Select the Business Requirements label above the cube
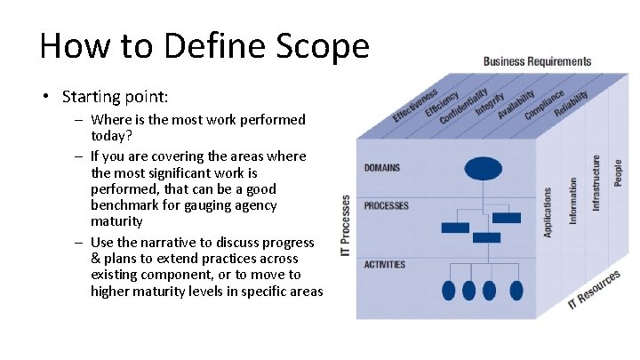pos(537,61)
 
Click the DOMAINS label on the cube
pos(382,168)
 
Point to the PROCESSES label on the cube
pos(387,205)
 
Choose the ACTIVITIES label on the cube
pos(385,264)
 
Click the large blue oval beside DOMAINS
pos(484,168)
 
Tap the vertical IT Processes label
pos(346,228)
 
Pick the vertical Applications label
pos(548,212)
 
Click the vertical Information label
pos(573,200)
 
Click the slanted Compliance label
pos(544,105)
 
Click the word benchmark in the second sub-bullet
pos(129,205)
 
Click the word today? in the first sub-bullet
pos(109,135)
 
